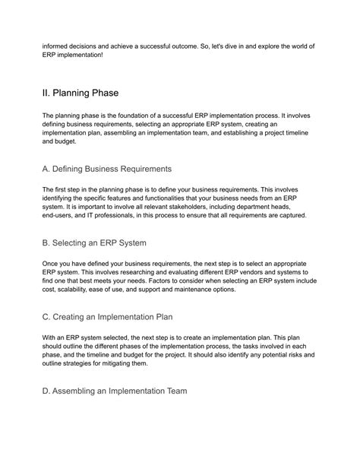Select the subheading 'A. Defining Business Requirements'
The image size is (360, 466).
(x=106, y=167)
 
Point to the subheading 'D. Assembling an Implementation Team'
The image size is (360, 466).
(x=114, y=391)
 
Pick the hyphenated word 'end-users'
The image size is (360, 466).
(x=60, y=215)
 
